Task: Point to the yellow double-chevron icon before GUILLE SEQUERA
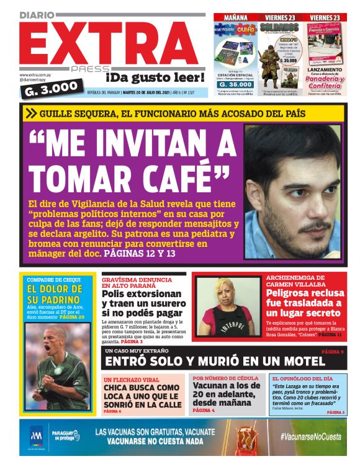(x=31, y=113)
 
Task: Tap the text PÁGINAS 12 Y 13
(x=140, y=254)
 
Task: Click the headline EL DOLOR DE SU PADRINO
(x=54, y=295)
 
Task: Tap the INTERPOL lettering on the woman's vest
(x=225, y=323)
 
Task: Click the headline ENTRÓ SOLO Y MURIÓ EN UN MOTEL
(x=214, y=361)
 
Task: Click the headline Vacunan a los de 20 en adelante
(x=227, y=394)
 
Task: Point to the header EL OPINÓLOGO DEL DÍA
(x=302, y=378)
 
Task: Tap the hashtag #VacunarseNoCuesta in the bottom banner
(x=310, y=437)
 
